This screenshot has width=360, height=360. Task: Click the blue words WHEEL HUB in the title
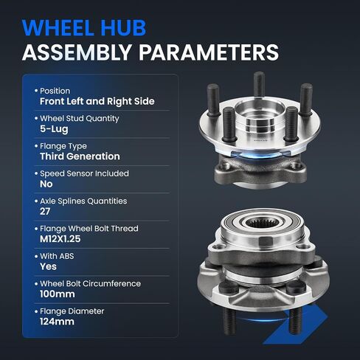(x=84, y=27)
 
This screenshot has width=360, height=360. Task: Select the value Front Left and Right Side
(x=97, y=101)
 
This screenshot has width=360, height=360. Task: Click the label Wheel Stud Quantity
(x=80, y=119)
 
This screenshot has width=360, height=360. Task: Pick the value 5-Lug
(x=54, y=129)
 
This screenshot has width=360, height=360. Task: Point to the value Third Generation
(x=80, y=156)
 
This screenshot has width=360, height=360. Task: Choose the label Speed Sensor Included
(x=84, y=173)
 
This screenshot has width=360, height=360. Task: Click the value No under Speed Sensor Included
(x=46, y=184)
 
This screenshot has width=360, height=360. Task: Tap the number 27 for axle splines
(x=45, y=212)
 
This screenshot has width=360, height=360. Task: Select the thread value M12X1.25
(x=60, y=239)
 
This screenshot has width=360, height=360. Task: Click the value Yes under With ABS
(x=48, y=266)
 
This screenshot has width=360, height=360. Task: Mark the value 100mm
(x=58, y=294)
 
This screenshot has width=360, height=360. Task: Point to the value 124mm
(x=57, y=322)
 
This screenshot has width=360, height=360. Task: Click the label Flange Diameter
(x=72, y=311)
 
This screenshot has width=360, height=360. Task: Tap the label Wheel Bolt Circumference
(x=90, y=284)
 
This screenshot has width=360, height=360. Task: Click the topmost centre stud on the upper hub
(x=259, y=84)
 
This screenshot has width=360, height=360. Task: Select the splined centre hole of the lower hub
(x=263, y=223)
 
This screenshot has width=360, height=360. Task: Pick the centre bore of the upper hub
(x=260, y=118)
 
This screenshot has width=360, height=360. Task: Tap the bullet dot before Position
(x=36, y=91)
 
